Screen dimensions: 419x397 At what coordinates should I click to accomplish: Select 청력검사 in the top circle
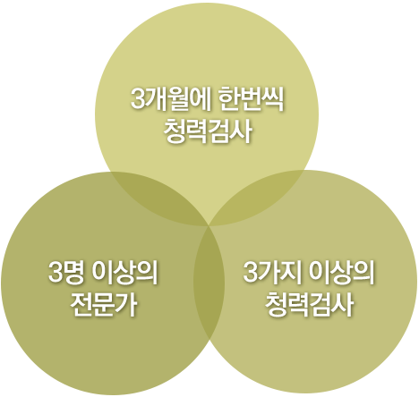208,132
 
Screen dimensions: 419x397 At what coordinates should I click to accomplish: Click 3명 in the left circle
66,273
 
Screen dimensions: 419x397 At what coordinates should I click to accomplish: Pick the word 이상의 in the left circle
124,273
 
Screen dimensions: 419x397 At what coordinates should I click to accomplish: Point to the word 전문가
103,305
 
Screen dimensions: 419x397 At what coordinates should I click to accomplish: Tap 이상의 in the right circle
341,273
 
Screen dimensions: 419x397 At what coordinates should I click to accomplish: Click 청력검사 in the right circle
309,305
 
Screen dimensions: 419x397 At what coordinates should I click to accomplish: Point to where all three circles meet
209,226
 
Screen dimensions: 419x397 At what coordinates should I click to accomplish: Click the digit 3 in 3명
56,273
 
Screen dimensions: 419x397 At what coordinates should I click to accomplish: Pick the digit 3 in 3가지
250,273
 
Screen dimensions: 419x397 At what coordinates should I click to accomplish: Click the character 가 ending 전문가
126,305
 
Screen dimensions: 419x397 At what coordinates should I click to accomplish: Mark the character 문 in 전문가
103,305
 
